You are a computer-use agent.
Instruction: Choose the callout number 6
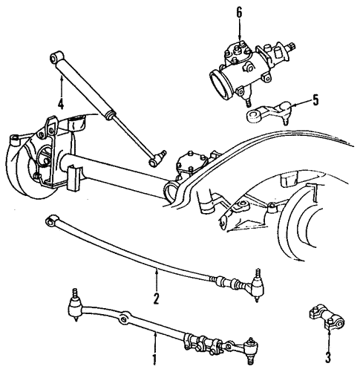(x=239, y=13)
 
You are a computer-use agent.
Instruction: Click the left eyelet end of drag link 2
(x=52, y=220)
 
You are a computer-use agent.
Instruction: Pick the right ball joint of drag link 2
(x=256, y=281)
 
